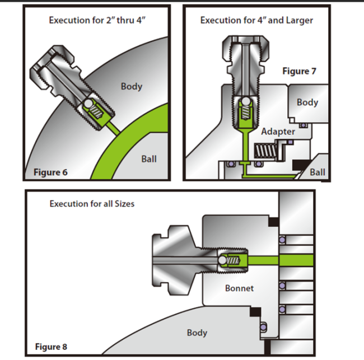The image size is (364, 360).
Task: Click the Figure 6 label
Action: click(x=50, y=172)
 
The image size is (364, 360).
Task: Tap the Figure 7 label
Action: click(x=299, y=71)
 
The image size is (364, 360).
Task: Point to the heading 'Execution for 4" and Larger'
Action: click(x=256, y=20)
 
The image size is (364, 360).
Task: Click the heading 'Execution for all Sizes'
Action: click(x=92, y=203)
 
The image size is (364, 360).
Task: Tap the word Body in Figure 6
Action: click(x=131, y=86)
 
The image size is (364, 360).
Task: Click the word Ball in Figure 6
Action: click(x=148, y=159)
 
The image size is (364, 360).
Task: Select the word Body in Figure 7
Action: click(x=307, y=102)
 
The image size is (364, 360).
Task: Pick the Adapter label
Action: click(x=278, y=132)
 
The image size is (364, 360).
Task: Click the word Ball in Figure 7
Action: click(x=318, y=172)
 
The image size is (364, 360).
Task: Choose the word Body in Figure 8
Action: click(x=197, y=333)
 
